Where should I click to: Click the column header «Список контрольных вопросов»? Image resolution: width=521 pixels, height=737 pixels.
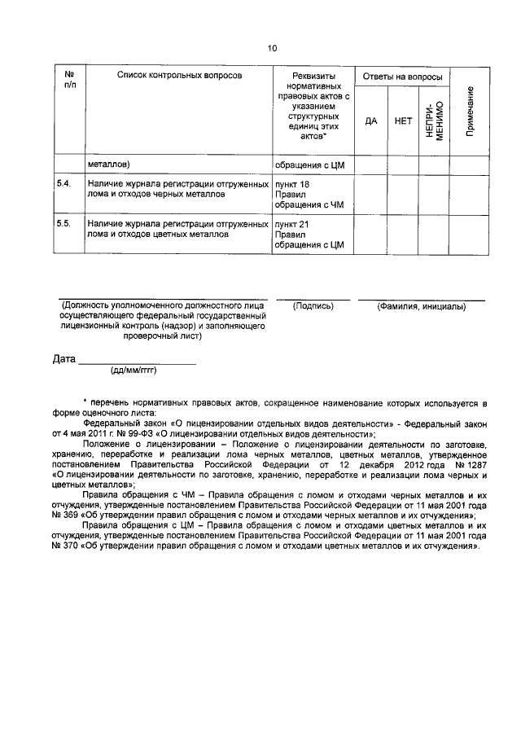tap(179, 75)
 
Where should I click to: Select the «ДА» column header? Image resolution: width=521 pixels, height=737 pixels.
tap(371, 121)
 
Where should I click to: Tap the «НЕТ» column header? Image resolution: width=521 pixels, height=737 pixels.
tap(402, 121)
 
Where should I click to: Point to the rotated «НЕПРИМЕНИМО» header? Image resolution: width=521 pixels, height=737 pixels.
tap(433, 121)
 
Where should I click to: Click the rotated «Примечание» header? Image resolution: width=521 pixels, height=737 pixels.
tap(471, 111)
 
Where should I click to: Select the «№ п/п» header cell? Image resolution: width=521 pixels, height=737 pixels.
tap(69, 80)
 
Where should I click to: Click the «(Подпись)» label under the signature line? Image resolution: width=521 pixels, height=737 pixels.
tap(313, 306)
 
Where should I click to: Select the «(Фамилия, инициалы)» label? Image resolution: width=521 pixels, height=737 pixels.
tap(421, 306)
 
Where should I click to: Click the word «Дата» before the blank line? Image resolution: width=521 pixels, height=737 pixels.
tap(64, 358)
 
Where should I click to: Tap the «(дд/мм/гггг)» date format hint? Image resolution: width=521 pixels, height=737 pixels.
tap(133, 371)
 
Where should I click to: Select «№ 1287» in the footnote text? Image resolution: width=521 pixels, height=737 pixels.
tap(470, 463)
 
